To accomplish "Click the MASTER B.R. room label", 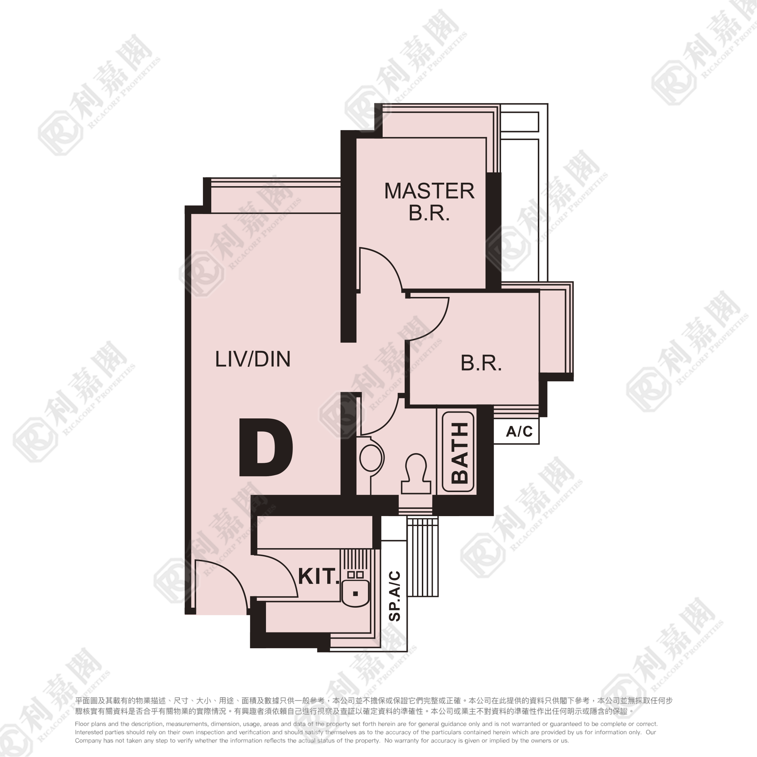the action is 429,202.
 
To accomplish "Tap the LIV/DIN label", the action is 253,359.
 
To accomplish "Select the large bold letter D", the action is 266,447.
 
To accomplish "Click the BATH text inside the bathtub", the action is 460,453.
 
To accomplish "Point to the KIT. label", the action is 319,576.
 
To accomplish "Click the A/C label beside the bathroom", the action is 519,431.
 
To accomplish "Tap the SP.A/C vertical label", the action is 395,596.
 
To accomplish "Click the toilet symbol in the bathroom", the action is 416,473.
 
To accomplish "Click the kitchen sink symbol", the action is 355,593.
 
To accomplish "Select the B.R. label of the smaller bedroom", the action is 481,363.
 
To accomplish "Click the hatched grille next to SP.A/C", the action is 423,556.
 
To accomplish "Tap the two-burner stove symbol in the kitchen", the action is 355,575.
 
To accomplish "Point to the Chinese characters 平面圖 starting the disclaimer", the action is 87,701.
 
